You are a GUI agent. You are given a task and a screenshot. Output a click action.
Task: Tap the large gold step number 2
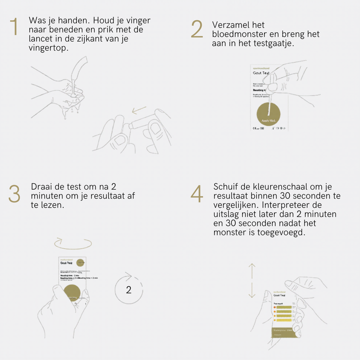(197, 30)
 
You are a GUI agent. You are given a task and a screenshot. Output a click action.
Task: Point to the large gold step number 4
(197, 194)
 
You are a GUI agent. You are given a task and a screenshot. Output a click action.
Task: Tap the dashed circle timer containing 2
(128, 288)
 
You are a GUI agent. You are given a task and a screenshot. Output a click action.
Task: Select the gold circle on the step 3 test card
(73, 292)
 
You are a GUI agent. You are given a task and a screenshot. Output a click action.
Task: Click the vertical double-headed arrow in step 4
(252, 280)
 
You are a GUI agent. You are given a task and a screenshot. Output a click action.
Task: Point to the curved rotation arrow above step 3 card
(73, 243)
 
